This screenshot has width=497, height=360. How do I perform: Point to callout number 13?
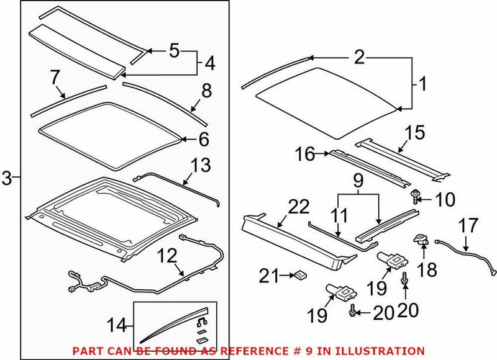(201, 166)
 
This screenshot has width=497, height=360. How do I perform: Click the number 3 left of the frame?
(7, 179)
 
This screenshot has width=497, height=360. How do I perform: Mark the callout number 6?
(204, 140)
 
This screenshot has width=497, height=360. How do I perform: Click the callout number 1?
(422, 83)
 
